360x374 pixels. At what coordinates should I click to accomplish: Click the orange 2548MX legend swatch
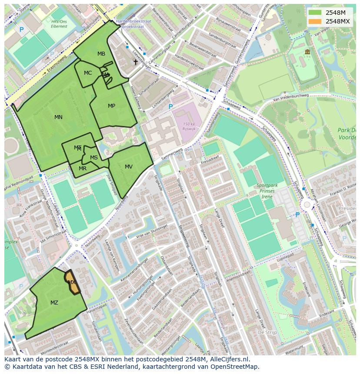click(315, 21)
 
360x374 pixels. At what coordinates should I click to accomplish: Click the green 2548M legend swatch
click(315, 13)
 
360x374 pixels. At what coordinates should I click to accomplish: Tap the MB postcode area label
click(101, 54)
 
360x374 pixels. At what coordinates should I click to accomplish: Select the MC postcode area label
click(88, 73)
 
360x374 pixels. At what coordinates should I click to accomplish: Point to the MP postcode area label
click(112, 106)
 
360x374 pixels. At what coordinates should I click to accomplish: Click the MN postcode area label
click(58, 117)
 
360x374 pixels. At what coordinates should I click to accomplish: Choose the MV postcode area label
click(129, 167)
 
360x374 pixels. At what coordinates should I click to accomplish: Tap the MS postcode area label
click(94, 158)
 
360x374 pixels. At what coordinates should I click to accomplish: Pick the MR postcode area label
click(83, 169)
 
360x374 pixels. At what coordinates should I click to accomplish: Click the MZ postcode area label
click(54, 303)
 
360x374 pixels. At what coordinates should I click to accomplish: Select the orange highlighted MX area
click(72, 283)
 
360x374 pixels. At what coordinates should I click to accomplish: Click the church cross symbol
click(136, 62)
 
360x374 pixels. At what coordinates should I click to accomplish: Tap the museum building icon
click(307, 52)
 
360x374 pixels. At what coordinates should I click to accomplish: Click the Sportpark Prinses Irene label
click(267, 190)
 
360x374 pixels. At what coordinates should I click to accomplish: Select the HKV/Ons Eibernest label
click(60, 23)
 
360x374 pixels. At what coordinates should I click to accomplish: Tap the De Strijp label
click(267, 332)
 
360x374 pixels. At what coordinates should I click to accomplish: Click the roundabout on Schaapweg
click(307, 204)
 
